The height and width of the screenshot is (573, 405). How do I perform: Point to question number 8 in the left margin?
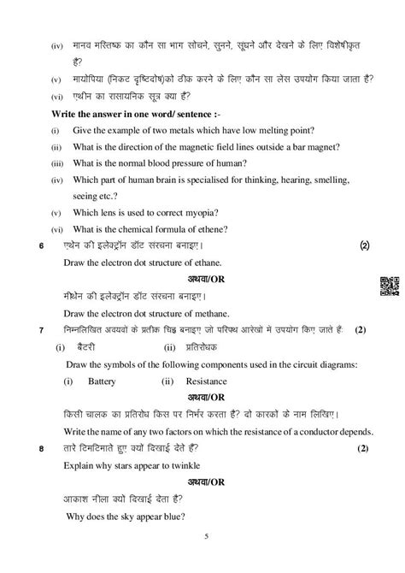30,448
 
